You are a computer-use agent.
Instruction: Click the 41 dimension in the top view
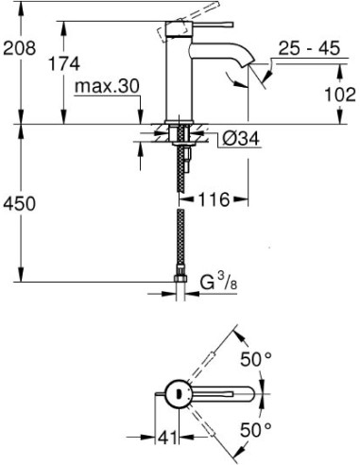point(170,438)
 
